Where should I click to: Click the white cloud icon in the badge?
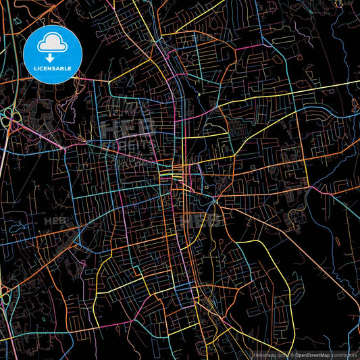click(x=52, y=44)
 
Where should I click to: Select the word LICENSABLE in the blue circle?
click(x=52, y=69)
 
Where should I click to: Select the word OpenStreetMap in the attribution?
click(x=311, y=355)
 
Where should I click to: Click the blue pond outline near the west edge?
click(x=18, y=228)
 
